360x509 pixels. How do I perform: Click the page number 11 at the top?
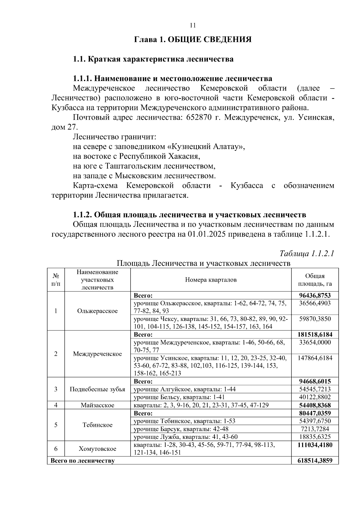point(193,25)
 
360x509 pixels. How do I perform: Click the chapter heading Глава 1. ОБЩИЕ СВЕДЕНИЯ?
point(193,40)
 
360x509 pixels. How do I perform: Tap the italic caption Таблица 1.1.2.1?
point(307,253)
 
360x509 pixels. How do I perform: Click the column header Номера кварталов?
point(211,280)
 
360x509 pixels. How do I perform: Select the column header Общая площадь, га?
point(315,280)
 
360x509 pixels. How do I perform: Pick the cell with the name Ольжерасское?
point(97,311)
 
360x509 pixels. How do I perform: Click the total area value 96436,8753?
point(315,295)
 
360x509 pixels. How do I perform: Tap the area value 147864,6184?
point(315,358)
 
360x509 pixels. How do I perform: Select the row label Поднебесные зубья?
point(97,389)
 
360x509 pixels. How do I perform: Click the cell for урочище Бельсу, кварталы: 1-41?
point(179,397)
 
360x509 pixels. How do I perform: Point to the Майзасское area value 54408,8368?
point(315,405)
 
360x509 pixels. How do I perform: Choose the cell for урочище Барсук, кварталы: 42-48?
point(181,429)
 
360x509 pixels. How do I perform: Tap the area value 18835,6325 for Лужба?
point(315,437)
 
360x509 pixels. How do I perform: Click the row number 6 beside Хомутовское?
point(56,449)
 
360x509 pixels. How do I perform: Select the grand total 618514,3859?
point(315,460)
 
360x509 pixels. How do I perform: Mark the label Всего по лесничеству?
point(82,461)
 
